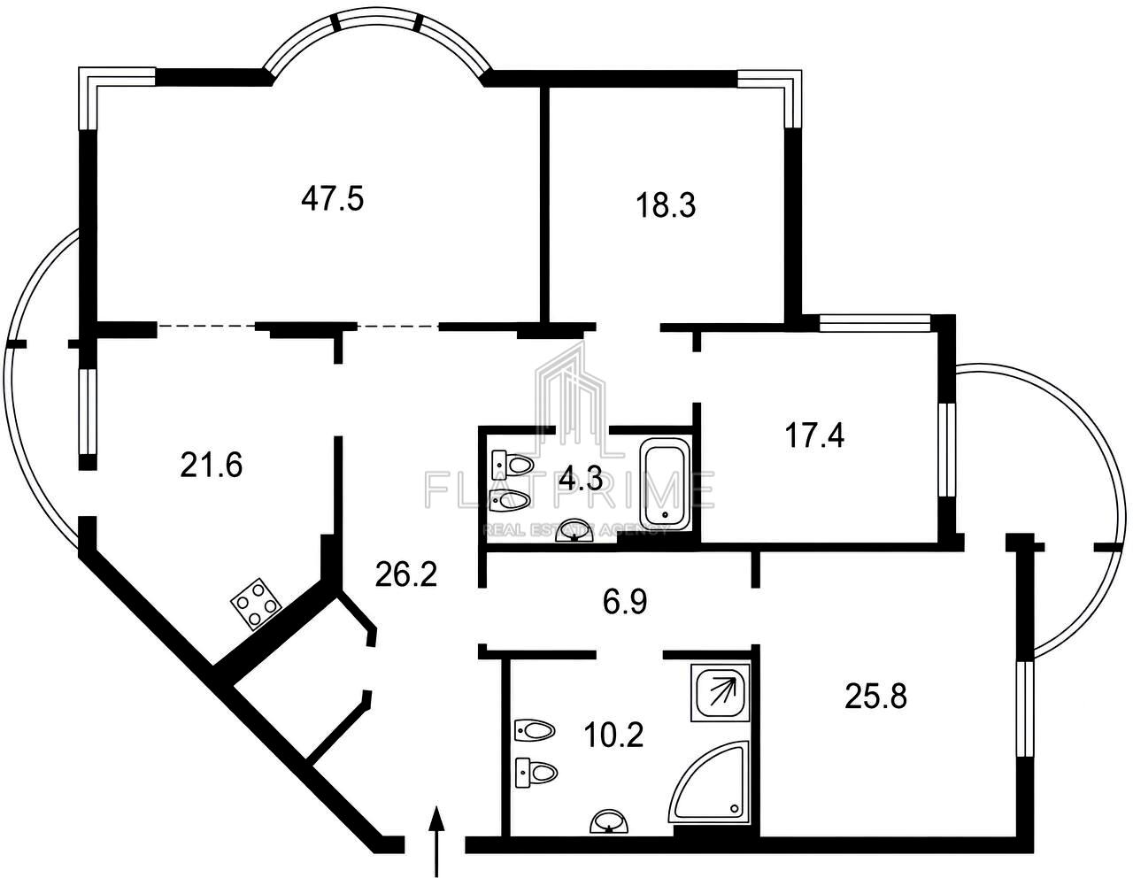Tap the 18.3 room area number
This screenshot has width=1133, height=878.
666,205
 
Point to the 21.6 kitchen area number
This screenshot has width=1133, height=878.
212,465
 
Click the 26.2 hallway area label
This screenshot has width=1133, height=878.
406,574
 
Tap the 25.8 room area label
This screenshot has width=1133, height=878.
876,696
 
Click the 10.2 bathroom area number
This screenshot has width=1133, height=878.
613,736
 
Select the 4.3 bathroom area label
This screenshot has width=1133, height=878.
581,479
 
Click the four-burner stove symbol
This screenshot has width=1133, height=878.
256,604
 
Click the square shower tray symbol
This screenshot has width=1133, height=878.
721,692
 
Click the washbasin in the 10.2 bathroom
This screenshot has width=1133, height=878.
609,824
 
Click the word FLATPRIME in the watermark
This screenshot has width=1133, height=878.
570,489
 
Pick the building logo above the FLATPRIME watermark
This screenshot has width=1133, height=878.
570,400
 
